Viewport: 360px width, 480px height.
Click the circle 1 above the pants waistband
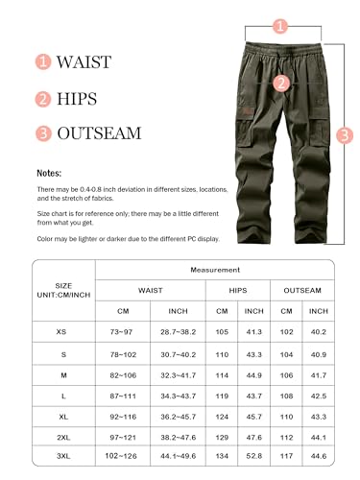[x=279, y=27]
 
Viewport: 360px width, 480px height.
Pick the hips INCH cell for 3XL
[x=253, y=454]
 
